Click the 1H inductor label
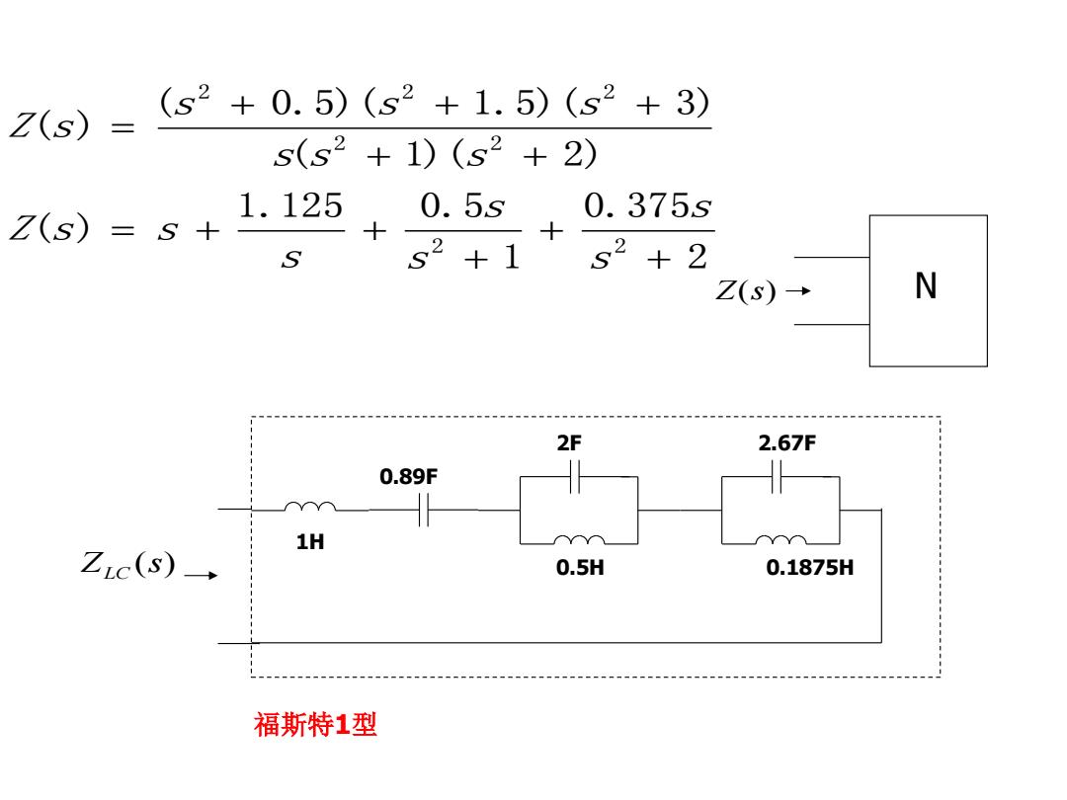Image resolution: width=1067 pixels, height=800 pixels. coord(309,541)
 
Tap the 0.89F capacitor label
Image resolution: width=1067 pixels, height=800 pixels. coord(408,476)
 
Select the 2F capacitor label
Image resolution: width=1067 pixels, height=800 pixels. coord(569,442)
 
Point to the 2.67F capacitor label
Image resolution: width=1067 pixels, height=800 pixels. coord(786,442)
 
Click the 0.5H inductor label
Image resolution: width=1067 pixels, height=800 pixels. coord(580,567)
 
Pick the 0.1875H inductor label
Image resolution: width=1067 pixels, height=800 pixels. coord(809,567)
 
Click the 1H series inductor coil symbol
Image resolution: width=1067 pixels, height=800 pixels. coord(309,506)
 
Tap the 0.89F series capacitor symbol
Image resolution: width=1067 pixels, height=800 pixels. coord(424,510)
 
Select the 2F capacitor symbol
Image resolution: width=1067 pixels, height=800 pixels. coord(575,476)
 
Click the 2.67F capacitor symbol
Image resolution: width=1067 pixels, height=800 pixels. coord(777,476)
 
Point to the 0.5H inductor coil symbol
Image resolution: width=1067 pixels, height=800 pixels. coord(579,540)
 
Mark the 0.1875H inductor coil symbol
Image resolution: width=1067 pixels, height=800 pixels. coord(780,540)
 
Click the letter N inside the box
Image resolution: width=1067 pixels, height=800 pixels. coord(926,285)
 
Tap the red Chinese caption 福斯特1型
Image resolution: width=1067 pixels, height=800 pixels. coord(315,724)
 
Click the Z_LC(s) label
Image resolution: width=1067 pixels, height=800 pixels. coord(127,564)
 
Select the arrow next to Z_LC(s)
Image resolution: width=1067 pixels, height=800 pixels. coord(202,576)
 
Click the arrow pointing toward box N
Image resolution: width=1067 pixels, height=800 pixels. coord(799,290)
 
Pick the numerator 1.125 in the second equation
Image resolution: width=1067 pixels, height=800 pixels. coord(290,205)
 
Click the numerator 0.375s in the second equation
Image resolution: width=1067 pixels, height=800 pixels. coord(647,205)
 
